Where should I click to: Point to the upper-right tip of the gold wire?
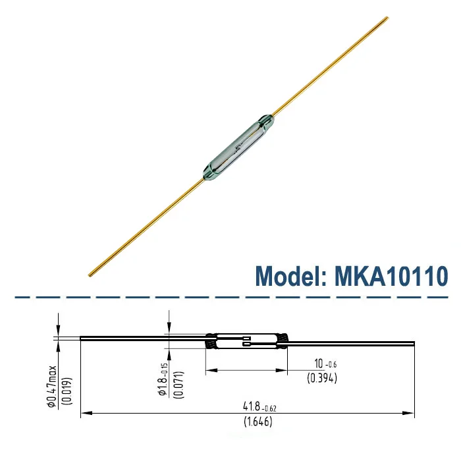click(387, 18)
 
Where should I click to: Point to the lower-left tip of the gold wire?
click(90, 274)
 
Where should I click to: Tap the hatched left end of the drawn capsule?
click(212, 340)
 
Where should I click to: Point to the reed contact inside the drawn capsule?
click(246, 342)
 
